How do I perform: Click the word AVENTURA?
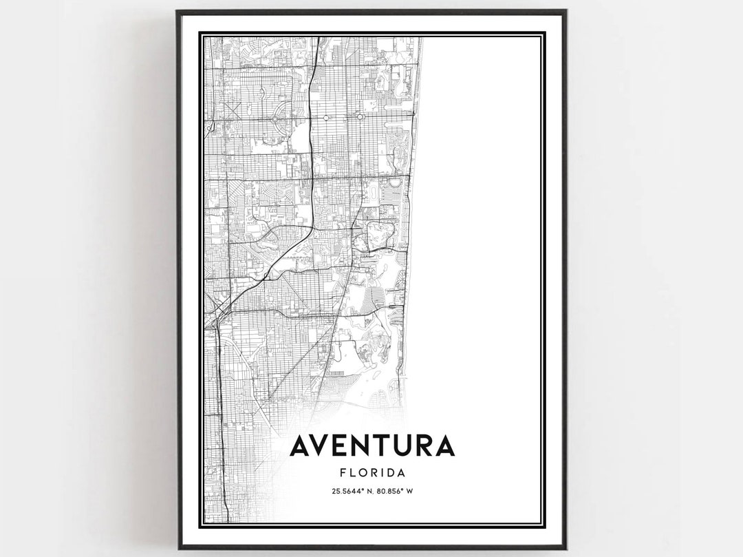click(371, 446)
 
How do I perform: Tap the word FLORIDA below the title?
click(371, 473)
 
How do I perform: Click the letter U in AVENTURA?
click(405, 446)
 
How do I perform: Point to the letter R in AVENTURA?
click(426, 446)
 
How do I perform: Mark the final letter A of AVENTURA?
click(445, 446)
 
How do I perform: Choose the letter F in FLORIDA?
click(343, 473)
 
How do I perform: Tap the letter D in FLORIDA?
click(389, 473)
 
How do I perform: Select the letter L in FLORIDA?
click(352, 473)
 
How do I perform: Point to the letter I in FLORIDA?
click(380, 473)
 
